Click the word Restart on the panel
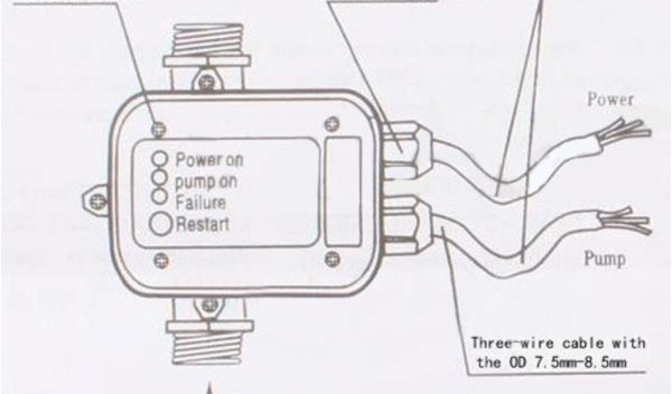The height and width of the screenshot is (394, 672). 203,224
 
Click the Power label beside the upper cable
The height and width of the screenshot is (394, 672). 610,100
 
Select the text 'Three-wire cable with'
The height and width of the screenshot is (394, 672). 558,343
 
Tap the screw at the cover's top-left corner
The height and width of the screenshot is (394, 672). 157,129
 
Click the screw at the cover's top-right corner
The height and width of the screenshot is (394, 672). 333,123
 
